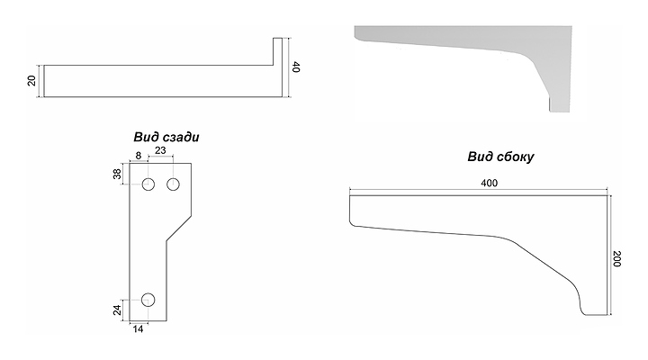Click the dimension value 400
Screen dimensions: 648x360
pos(489,183)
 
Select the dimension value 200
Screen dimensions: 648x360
pos(617,258)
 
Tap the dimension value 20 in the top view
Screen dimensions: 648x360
pos(31,81)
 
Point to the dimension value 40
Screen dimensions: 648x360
pos(296,67)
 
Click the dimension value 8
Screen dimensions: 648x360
pos(138,156)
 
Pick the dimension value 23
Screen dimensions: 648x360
pos(160,150)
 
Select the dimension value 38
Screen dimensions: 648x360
pos(117,174)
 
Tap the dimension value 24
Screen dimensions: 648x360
pos(117,310)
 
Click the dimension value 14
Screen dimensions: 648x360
pos(138,329)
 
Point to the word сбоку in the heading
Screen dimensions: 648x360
pos(515,157)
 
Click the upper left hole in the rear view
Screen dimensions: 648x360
pos(148,184)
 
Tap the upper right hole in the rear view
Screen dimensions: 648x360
pos(173,184)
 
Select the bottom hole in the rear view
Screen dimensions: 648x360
pos(148,300)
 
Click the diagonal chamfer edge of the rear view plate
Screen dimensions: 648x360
pos(179,228)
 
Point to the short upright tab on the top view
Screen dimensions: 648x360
pos(277,51)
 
